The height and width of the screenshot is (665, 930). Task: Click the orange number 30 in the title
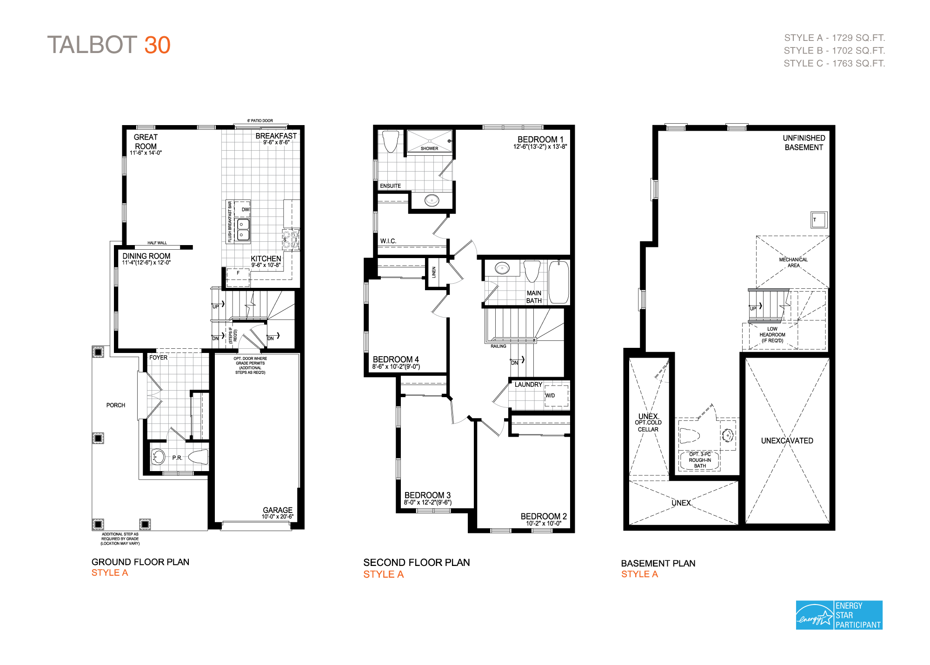pos(157,45)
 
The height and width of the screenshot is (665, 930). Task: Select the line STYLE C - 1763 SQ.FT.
pos(834,63)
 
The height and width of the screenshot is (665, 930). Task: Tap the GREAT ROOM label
pos(146,142)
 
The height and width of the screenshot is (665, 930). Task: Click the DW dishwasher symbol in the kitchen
pos(245,209)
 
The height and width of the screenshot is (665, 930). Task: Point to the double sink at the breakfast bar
pos(243,230)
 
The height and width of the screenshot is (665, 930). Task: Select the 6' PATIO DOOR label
pos(260,120)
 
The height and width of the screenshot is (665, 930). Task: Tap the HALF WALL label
pos(157,243)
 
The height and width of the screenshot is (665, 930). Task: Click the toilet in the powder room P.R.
pos(199,457)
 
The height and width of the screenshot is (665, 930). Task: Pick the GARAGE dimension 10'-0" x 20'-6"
pos(277,517)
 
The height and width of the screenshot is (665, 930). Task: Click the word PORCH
pos(115,405)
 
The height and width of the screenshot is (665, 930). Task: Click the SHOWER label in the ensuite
pos(429,148)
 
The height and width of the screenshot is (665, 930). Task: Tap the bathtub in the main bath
pos(559,282)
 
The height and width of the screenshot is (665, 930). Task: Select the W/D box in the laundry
pos(556,395)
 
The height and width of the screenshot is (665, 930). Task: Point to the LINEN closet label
pos(434,272)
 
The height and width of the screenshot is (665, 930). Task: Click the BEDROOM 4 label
pos(396,359)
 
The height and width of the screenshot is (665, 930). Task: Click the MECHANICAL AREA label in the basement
pos(793,262)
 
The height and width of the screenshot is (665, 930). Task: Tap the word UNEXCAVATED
pos(787,440)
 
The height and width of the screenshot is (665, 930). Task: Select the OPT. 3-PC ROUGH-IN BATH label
pos(700,460)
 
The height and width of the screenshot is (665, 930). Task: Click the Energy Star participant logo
pos(839,615)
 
